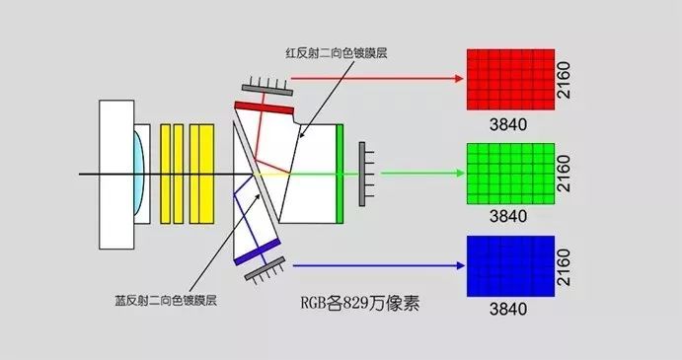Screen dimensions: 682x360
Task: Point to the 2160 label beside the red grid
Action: click(566, 78)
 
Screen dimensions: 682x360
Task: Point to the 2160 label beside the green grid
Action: click(566, 173)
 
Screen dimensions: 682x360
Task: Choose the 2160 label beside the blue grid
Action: click(566, 266)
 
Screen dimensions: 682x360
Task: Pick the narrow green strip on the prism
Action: click(341, 173)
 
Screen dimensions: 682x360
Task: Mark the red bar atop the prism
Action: click(265, 106)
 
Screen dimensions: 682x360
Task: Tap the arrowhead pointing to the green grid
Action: click(459, 173)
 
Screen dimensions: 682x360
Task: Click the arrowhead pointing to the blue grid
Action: click(459, 265)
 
